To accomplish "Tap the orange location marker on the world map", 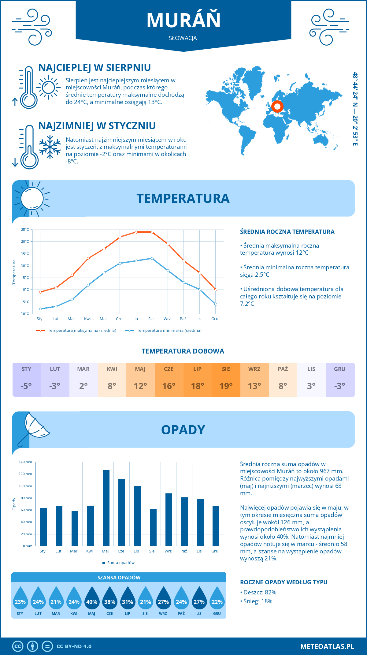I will pos(277,107).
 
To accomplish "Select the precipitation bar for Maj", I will pos(106,508).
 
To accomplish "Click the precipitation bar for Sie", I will pos(153,527).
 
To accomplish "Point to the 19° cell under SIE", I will pos(226,386).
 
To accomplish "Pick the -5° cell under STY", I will pos(26,386).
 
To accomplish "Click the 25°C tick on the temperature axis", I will pos(25,230).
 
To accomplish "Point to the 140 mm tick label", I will pos(25,462).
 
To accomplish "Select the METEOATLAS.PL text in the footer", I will pos(327,646).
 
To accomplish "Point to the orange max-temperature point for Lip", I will pos(136,232).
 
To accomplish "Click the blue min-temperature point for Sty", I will pos(40,309).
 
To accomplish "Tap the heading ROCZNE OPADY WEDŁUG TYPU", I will pos(284,582).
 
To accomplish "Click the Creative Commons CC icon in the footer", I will pos(18,646).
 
